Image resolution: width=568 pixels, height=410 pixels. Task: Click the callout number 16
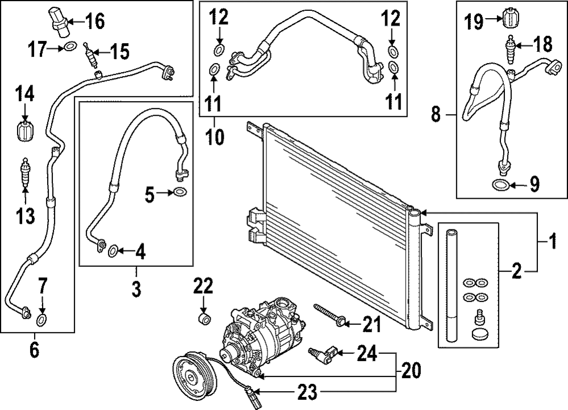coord(95,23)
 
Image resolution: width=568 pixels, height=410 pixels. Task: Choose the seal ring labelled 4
coord(114,249)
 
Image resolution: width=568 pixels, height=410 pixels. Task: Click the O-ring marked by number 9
coord(500,185)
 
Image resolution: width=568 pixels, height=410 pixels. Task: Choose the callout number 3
coord(136,288)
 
